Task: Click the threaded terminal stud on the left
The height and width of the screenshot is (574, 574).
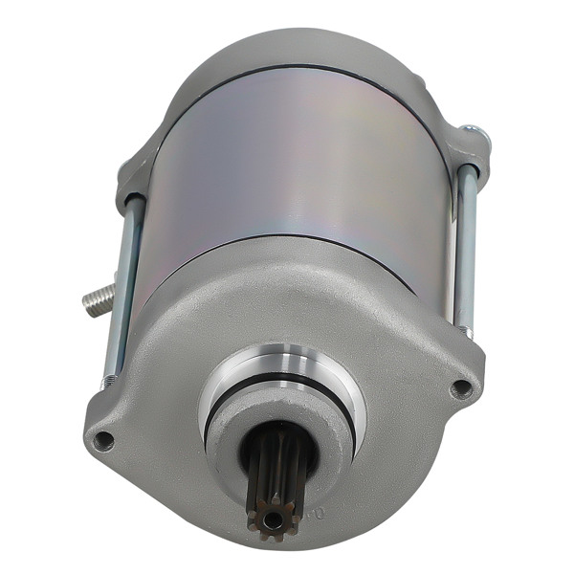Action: pyautogui.click(x=99, y=300)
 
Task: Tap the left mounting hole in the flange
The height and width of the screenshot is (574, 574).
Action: pyautogui.click(x=104, y=440)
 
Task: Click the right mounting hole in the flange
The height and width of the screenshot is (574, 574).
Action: pyautogui.click(x=461, y=387)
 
